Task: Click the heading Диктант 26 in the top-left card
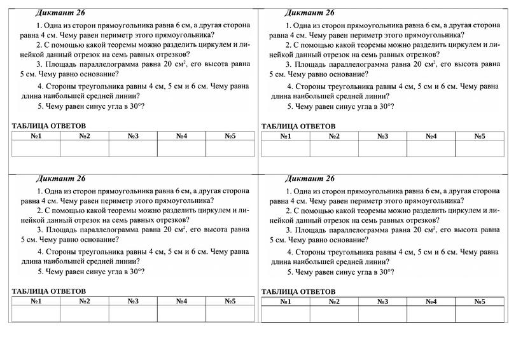60,13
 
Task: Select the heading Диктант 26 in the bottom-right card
309,178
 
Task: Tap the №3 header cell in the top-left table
133,136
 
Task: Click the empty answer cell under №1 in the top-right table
286,148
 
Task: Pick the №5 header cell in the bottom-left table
230,301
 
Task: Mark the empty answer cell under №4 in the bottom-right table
431,314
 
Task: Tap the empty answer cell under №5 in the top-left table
230,148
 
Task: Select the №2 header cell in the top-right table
334,136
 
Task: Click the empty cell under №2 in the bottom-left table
85,314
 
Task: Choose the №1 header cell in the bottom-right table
286,301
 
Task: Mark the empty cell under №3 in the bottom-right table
382,314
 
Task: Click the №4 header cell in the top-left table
181,136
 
